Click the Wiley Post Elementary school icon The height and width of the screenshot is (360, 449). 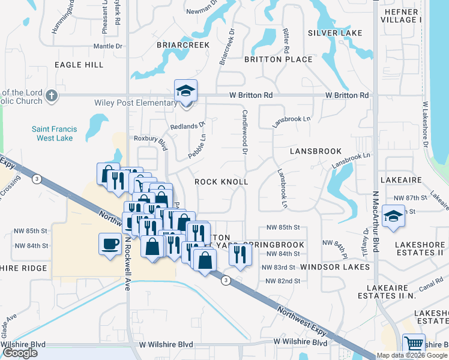(185, 92)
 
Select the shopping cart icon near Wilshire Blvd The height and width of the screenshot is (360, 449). (414, 344)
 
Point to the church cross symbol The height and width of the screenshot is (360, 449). (52, 95)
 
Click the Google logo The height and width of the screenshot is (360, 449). (20, 353)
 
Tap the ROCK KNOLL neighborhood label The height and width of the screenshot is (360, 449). (221, 181)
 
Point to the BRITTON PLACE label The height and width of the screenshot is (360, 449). (278, 59)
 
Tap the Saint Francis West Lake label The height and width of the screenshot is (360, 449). (52, 133)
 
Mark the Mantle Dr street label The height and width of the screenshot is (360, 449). (108, 46)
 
